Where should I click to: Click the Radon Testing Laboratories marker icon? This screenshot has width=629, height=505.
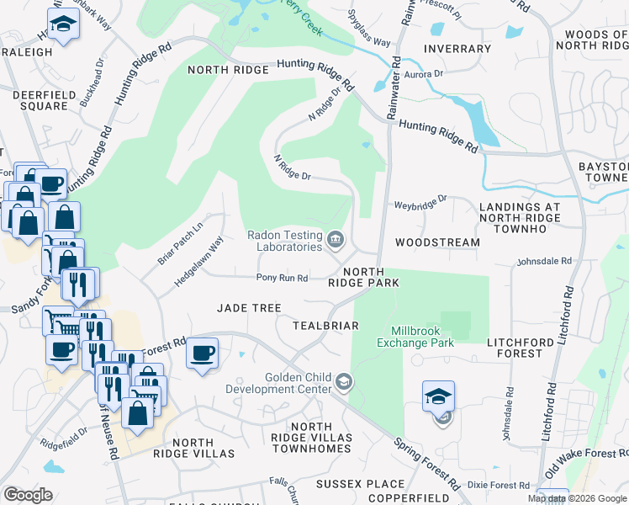click(x=336, y=242)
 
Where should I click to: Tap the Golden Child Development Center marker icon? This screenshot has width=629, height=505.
click(x=343, y=384)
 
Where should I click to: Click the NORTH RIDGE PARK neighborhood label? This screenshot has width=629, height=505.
click(x=363, y=277)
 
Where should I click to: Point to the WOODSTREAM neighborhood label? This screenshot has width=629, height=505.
click(x=437, y=242)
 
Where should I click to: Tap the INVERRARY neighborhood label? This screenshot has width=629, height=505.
click(x=457, y=49)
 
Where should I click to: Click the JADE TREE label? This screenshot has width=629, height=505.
click(x=249, y=308)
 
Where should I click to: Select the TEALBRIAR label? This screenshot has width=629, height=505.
click(x=325, y=325)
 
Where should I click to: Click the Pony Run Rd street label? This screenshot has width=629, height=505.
click(x=283, y=278)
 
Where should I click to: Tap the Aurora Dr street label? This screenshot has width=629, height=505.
click(x=424, y=74)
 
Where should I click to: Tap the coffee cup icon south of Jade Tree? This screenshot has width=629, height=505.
click(x=203, y=353)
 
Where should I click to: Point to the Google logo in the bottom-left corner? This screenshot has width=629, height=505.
click(x=28, y=495)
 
